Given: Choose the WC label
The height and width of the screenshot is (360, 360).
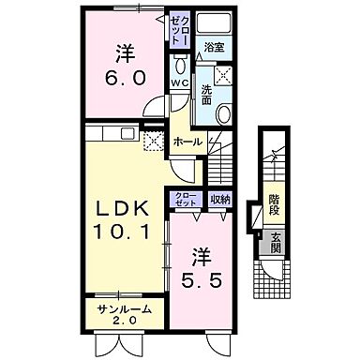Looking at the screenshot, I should point(180,82).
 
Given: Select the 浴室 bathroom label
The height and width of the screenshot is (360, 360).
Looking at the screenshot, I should point(215,48).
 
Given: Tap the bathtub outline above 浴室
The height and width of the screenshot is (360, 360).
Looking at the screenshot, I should point(215,23).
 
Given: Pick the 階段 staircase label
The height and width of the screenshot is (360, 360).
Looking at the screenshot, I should point(274,203).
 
